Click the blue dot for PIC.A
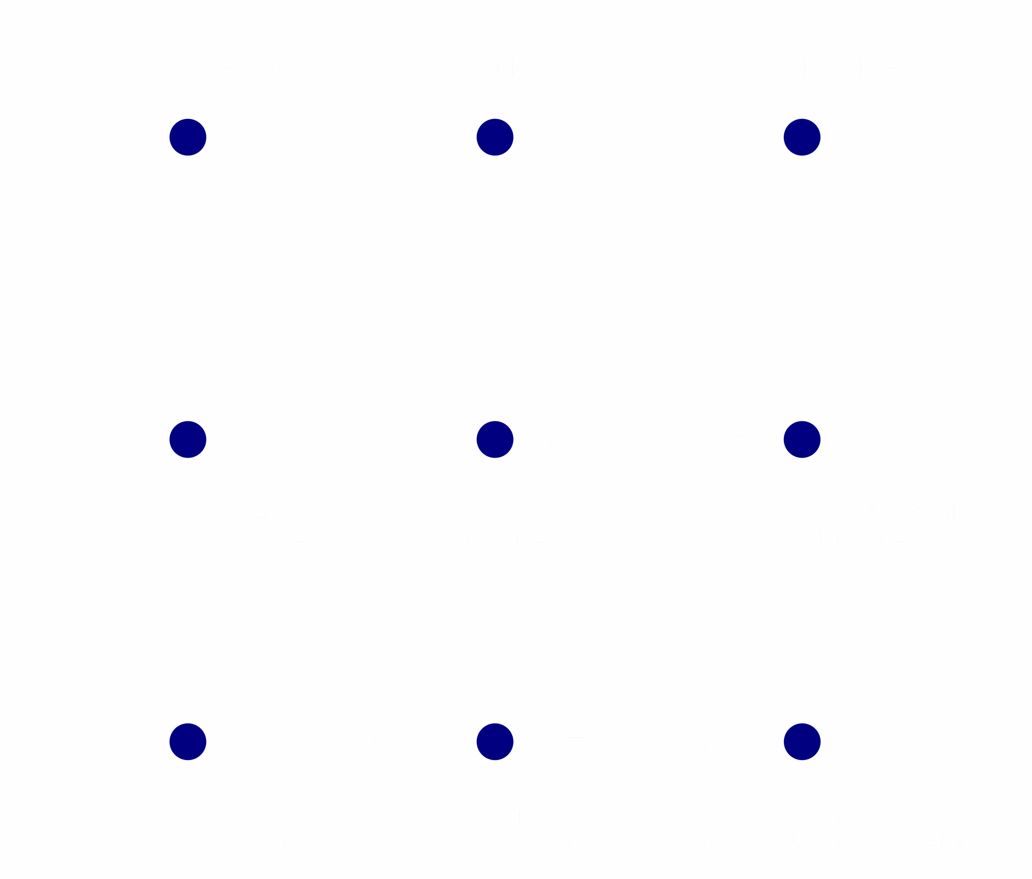188,137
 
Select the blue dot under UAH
495,137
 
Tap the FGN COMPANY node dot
802,137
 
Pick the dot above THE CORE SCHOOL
802,439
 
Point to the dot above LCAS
495,439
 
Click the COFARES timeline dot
188,439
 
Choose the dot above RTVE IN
188,741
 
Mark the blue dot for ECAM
495,741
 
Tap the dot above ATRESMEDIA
802,741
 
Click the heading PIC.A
191,40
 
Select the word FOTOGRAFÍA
225,68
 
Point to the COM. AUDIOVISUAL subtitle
568,68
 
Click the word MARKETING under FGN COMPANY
833,68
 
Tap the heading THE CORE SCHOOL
890,512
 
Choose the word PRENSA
505,540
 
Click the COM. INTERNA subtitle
231,540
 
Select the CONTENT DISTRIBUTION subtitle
593,843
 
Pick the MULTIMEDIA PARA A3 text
886,843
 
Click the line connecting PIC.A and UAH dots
341,137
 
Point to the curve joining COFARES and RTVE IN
19,590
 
